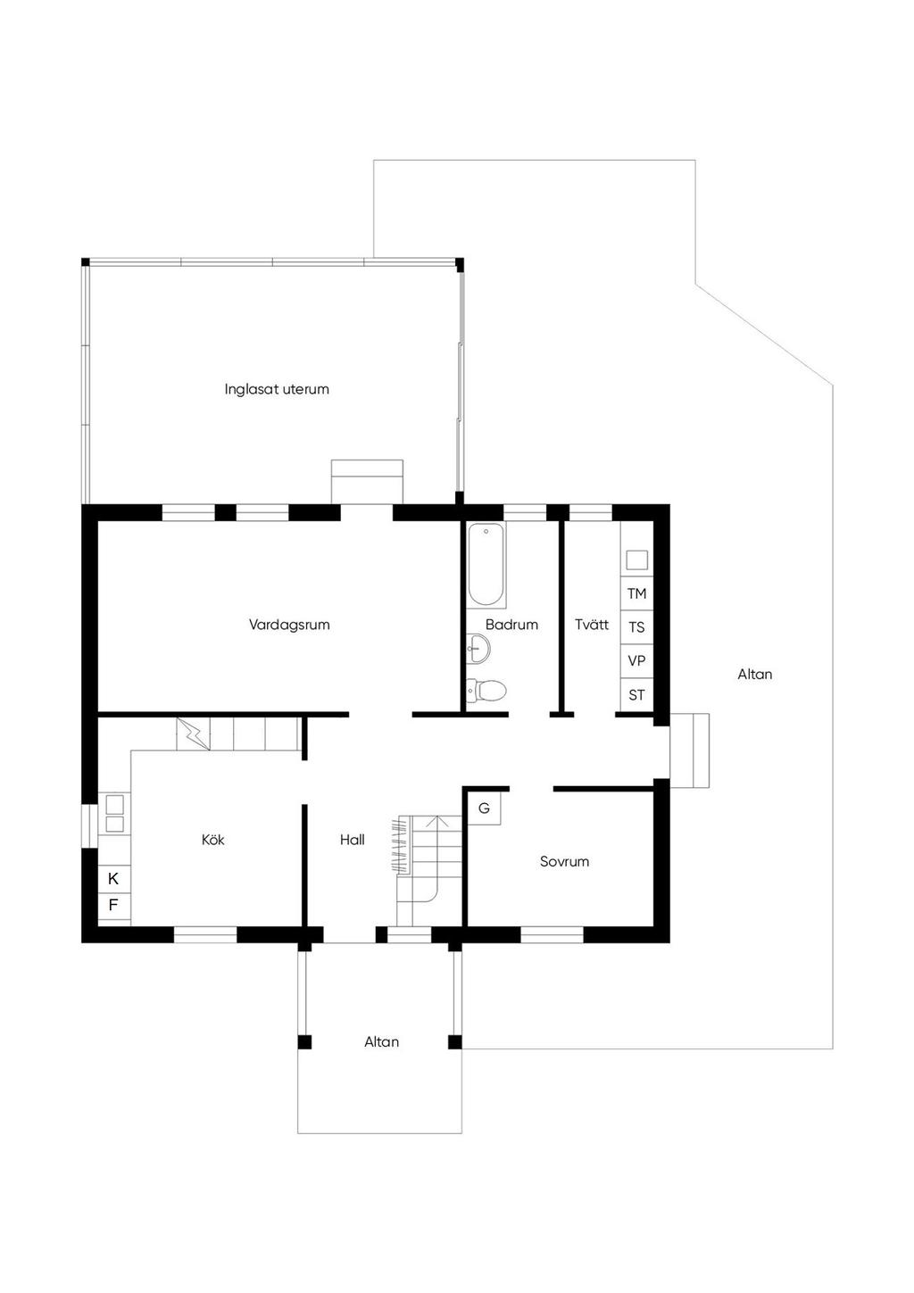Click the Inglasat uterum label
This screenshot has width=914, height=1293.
click(x=277, y=389)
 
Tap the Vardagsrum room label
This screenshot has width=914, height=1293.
click(x=289, y=625)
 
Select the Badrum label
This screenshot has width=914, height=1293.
click(x=511, y=625)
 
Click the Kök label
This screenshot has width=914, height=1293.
click(x=213, y=840)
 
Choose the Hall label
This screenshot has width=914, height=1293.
click(x=353, y=840)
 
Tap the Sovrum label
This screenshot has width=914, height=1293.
click(x=564, y=861)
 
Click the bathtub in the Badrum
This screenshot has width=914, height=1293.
click(x=486, y=565)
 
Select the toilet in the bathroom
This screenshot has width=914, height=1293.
click(x=486, y=690)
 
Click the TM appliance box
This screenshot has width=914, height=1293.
click(x=637, y=593)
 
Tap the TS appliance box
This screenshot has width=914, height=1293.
click(x=637, y=627)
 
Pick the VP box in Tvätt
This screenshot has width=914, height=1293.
click(x=637, y=661)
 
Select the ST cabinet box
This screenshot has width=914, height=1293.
click(x=637, y=695)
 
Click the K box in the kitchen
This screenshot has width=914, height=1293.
click(x=113, y=879)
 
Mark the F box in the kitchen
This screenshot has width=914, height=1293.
click(x=113, y=907)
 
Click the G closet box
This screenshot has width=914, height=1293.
click(x=484, y=808)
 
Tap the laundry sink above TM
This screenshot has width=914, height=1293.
click(x=637, y=559)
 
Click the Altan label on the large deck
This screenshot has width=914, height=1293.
click(x=754, y=675)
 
